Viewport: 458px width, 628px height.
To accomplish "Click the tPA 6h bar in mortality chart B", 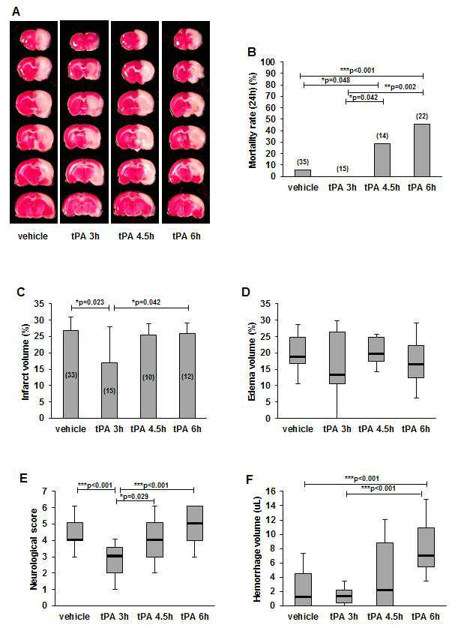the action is click(421, 150).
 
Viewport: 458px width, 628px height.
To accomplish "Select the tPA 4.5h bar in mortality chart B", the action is click(382, 160).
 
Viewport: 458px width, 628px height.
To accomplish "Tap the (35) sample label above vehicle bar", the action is click(302, 162).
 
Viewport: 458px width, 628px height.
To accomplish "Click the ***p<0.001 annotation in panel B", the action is click(358, 70).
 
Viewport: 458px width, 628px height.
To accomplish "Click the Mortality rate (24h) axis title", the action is click(253, 120).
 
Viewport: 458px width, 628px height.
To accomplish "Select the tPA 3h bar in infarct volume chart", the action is click(109, 390).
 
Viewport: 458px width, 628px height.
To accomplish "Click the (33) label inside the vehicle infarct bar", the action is click(70, 375).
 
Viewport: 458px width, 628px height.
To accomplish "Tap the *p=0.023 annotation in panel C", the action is click(90, 302).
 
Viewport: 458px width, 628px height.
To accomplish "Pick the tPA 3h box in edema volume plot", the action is click(337, 358).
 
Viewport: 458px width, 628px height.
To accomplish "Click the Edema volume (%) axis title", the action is click(252, 369).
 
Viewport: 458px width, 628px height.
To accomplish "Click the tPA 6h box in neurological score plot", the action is click(195, 523).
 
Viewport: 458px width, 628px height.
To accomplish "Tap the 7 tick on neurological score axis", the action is click(45, 491).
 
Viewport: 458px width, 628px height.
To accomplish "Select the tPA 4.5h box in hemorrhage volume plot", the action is click(385, 574).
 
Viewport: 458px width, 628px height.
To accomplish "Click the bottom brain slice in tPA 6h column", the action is click(185, 206).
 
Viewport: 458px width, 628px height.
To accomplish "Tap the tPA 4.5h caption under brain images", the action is click(136, 236).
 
